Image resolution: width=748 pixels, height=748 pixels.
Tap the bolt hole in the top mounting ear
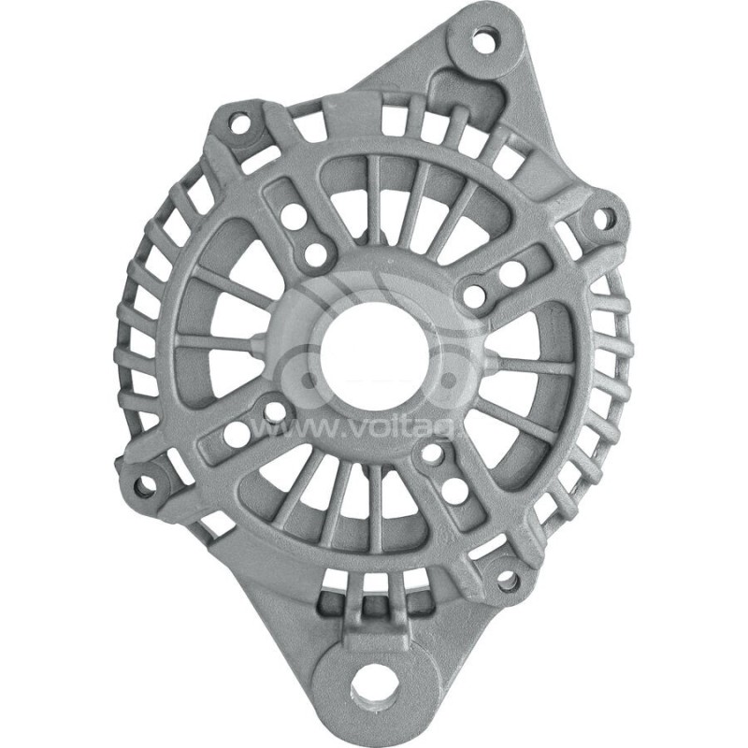click(484, 41)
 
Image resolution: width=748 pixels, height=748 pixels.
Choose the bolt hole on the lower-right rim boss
click(508, 581)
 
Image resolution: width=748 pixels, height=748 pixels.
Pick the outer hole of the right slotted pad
click(512, 274)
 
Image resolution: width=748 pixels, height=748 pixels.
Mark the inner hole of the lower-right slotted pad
click(433, 455)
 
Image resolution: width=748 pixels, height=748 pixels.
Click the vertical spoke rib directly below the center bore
click(374, 510)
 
